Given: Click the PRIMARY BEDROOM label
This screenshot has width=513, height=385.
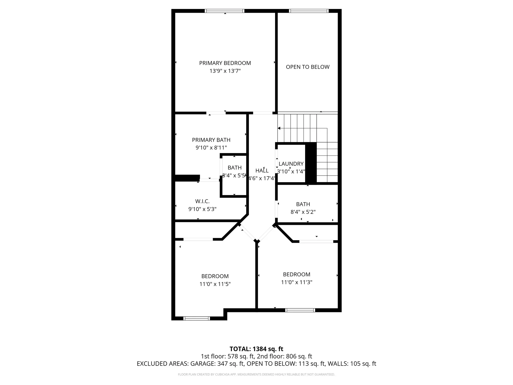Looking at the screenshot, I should pos(225,63).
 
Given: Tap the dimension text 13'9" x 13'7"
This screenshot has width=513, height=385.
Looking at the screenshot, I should pos(225,71).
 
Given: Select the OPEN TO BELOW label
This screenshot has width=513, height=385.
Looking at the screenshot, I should pos(308,67).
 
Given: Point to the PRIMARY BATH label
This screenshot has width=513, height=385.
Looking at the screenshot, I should pos(211,140).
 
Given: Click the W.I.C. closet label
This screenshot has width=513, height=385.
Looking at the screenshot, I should pos(202,201).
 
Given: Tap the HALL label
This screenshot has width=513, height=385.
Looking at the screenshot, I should pos(262,171).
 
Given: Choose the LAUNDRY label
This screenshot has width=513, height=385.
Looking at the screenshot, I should pos(291,164).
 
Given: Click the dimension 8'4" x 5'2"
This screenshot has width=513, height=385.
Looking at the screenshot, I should pos(303,212).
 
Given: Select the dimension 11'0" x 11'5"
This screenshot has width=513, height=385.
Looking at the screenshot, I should pos(215,284).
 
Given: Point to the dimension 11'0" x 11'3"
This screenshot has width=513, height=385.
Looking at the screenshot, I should pos(297,282).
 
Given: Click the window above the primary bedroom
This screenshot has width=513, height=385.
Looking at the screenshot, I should pos(224,11).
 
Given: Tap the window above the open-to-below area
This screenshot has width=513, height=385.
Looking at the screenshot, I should pos(308,11).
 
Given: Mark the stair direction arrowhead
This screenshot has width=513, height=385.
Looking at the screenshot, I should pos(279,128).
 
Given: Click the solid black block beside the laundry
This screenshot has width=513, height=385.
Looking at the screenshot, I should pos(311,163).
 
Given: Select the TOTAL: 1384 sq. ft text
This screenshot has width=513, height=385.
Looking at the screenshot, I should pos(256,349).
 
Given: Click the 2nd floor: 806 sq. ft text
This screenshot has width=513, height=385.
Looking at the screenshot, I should pos(285,356).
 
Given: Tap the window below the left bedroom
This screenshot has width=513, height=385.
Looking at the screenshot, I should pos(197,318).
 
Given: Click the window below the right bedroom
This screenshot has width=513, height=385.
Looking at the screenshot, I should pos(300,310).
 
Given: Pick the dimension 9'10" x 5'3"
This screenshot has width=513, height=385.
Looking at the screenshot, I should pos(202,209).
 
